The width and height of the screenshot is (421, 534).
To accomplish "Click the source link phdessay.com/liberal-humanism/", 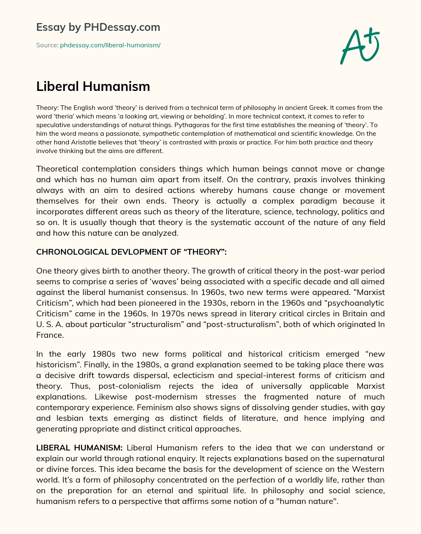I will click(110, 45).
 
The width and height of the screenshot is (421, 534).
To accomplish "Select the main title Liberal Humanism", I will click(93, 86).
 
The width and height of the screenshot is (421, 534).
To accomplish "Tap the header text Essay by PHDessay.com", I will click(98, 27).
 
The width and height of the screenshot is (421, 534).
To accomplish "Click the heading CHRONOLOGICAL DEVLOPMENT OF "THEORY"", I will click(132, 252).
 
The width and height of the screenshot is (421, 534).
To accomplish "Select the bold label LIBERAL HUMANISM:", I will click(79, 448).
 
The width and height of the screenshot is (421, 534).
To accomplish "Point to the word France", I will click(50, 335).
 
